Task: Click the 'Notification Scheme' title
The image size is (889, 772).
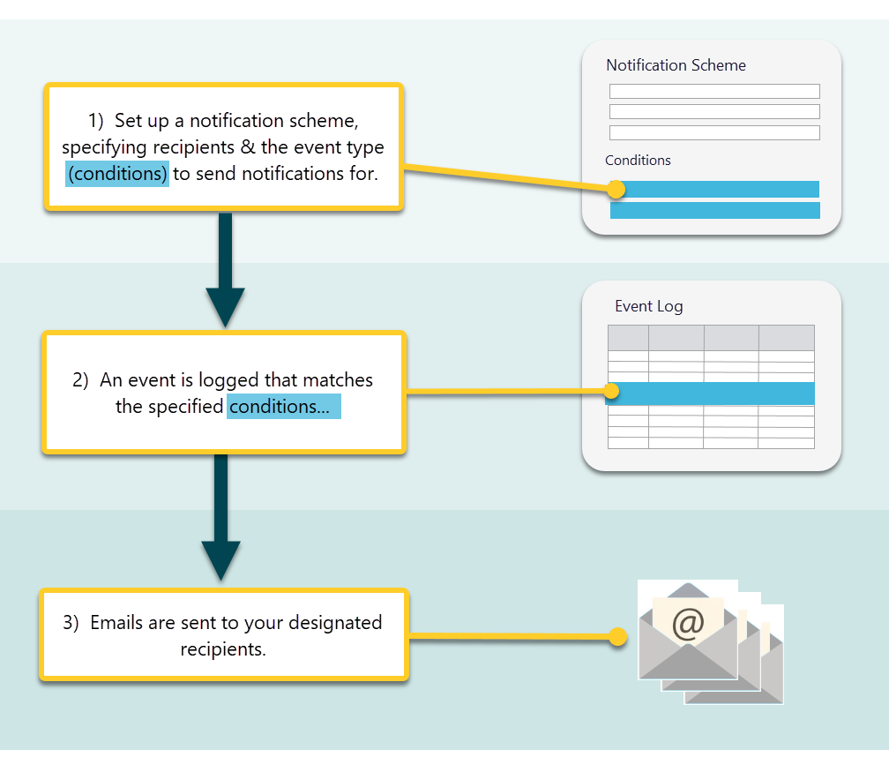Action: click(676, 65)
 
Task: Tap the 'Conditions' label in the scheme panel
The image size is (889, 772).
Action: click(638, 161)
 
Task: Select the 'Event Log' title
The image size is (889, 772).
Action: click(648, 307)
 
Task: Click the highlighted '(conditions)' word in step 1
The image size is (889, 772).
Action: click(117, 174)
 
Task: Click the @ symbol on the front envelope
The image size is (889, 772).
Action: click(688, 623)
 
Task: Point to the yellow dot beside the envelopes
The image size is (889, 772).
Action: click(618, 636)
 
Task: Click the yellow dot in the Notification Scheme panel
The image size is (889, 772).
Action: click(616, 189)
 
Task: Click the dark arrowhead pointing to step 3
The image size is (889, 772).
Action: click(220, 560)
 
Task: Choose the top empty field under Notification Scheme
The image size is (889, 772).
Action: click(714, 92)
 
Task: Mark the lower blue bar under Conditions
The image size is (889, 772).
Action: click(714, 210)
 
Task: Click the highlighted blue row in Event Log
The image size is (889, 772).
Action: click(714, 393)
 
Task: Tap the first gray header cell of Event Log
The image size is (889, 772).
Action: click(628, 338)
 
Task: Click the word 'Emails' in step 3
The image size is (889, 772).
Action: click(116, 623)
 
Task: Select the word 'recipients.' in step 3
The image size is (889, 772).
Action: click(223, 649)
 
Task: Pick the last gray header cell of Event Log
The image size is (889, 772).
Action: click(786, 338)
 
